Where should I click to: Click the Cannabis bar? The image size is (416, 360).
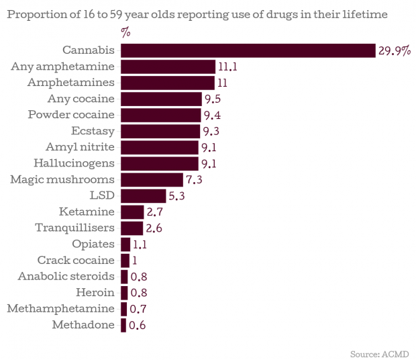(x=248, y=50)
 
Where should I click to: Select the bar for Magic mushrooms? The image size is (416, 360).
(x=152, y=179)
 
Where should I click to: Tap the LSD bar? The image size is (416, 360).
(x=143, y=195)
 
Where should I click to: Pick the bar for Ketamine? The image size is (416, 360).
(x=132, y=212)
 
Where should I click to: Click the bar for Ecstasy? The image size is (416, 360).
(x=160, y=131)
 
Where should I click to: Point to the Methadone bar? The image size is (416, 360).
(x=123, y=325)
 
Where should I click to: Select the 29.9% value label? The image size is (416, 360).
(x=394, y=51)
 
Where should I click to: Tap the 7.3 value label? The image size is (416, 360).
(x=194, y=180)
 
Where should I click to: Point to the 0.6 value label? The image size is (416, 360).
(x=137, y=326)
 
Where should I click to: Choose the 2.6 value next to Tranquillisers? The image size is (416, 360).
(x=154, y=228)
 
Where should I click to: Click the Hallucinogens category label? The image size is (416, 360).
(x=74, y=163)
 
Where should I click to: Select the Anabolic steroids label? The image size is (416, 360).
(x=66, y=276)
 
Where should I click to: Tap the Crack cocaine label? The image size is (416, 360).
(x=76, y=260)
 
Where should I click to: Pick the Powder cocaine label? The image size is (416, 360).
(x=71, y=115)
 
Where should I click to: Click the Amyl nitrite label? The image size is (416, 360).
(x=81, y=147)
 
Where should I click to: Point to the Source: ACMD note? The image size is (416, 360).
(x=379, y=353)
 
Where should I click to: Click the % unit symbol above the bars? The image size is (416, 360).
(x=125, y=32)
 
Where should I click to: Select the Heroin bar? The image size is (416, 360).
(x=124, y=292)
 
